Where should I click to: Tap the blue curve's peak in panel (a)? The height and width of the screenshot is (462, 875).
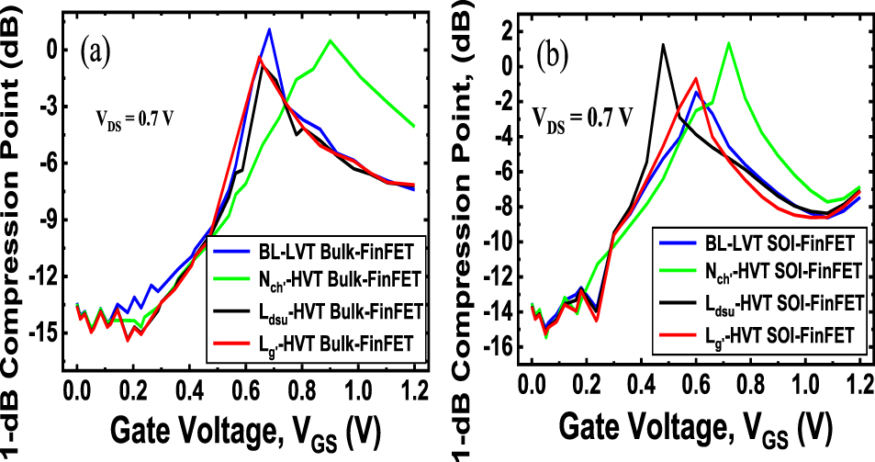click(269, 29)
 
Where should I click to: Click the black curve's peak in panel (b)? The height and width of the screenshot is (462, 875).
click(663, 45)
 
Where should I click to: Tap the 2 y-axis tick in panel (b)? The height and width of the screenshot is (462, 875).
click(504, 32)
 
